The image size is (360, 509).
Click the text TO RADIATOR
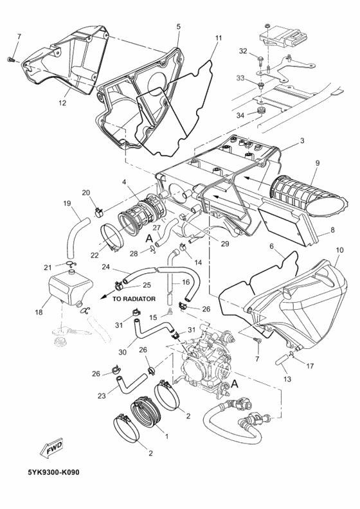(134, 299)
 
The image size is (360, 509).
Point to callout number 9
(317, 163)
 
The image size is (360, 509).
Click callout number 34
(241, 115)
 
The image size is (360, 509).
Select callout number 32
(243, 50)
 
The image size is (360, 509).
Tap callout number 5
(178, 26)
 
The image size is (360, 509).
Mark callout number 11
(218, 39)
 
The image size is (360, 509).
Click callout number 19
(66, 204)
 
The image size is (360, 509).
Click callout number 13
(287, 379)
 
